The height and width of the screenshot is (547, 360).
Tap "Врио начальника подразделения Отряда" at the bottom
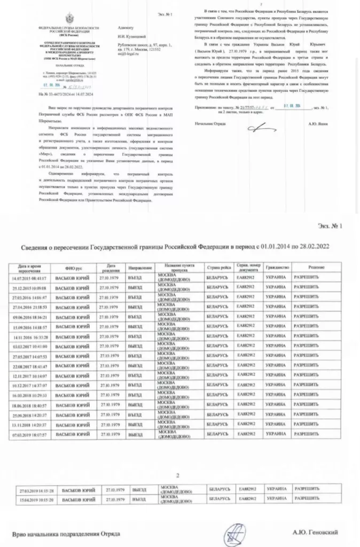pos(67,533)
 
